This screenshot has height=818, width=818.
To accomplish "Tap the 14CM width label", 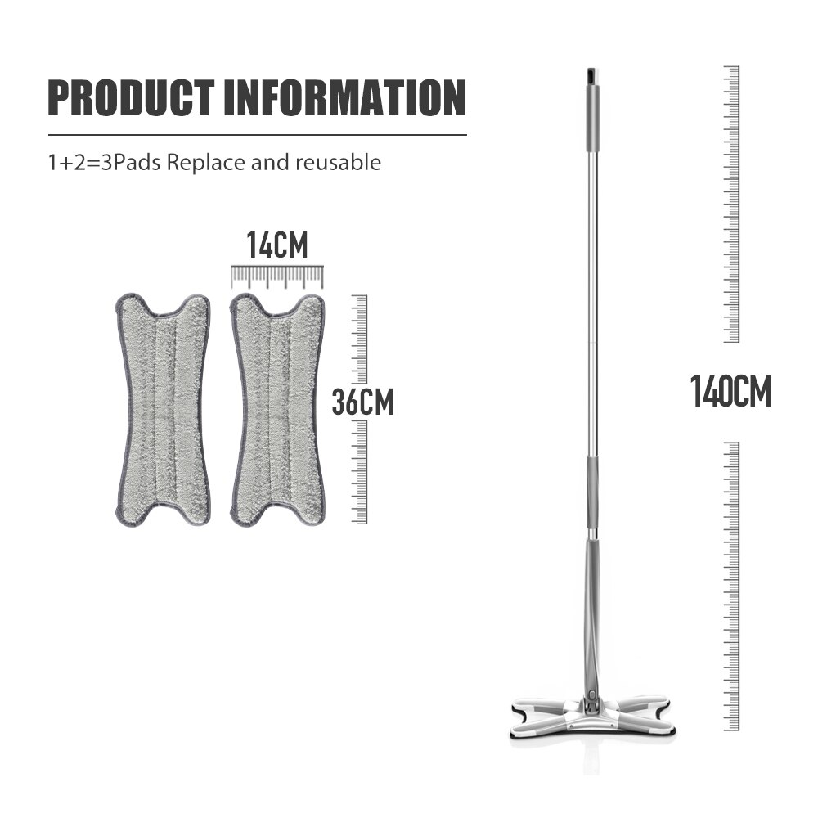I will point(277,246).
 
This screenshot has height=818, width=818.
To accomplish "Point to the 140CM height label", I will point(730,391).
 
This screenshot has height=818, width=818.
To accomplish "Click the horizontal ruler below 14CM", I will point(277,276).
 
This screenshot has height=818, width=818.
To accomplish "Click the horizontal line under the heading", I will point(257,134).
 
